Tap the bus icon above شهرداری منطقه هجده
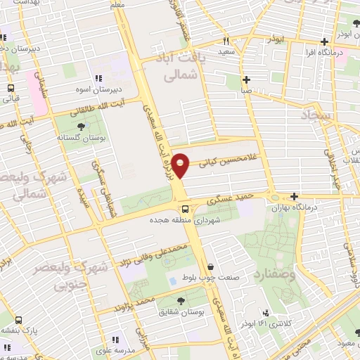coord(184,209)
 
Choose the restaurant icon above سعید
coord(226,40)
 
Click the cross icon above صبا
coord(245,79)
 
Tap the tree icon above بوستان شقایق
coord(181,300)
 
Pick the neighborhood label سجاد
coord(319,114)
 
